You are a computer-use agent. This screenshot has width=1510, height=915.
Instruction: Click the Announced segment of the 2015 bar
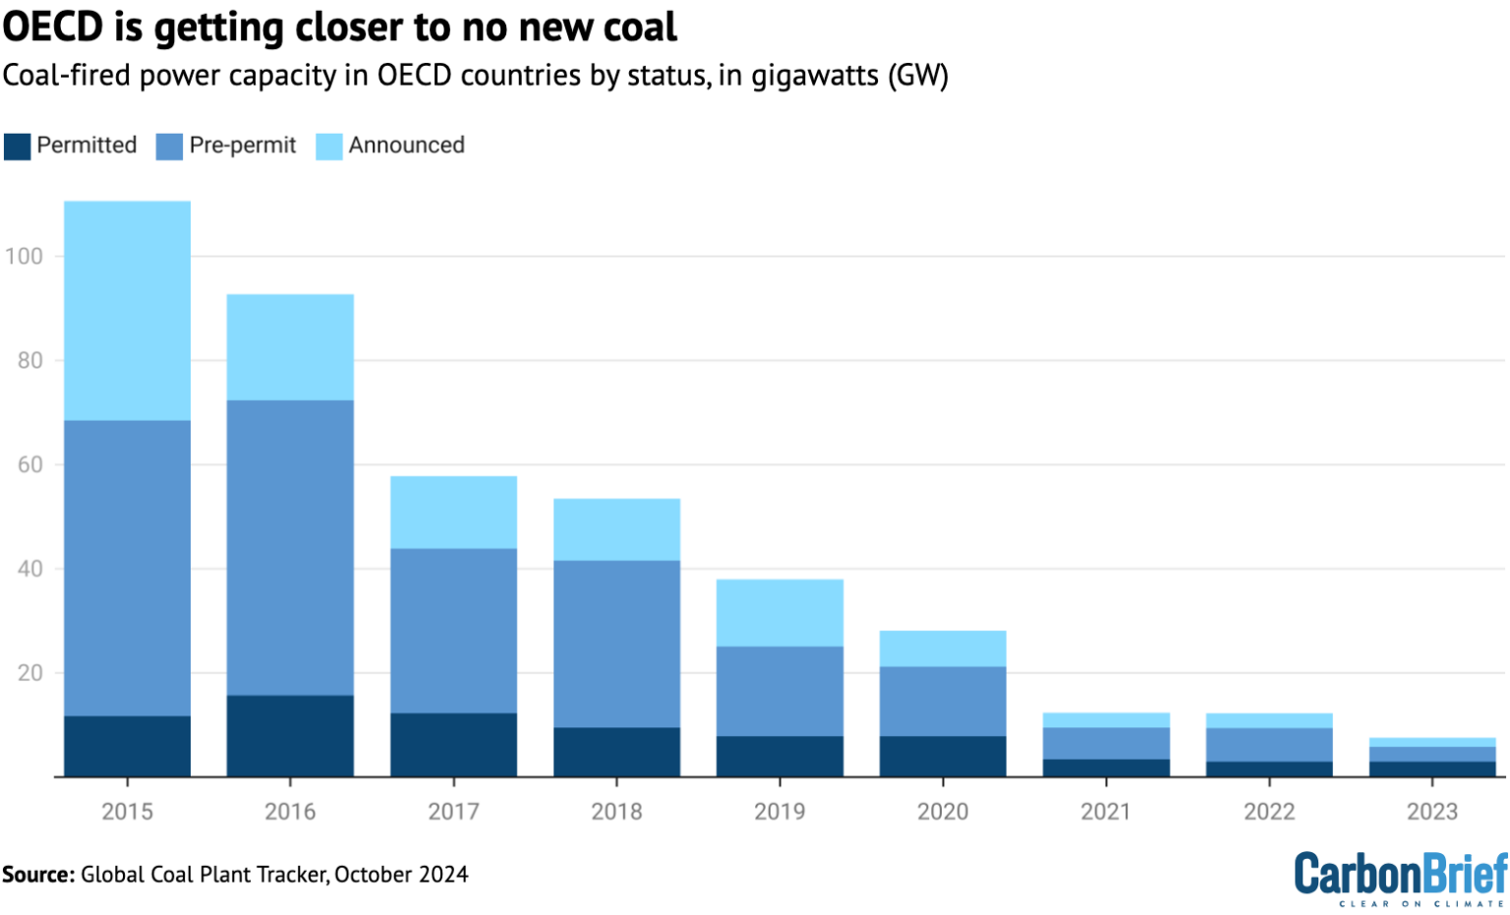(x=127, y=311)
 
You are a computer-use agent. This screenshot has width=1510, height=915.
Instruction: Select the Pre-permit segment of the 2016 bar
(x=290, y=547)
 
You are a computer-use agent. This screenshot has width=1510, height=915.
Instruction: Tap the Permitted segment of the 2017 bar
(x=453, y=745)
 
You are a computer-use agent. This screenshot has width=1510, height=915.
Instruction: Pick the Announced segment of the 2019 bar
(x=780, y=612)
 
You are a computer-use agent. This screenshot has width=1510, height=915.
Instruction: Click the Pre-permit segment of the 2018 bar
(x=616, y=644)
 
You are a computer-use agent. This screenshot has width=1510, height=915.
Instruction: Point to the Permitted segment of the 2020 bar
(x=943, y=757)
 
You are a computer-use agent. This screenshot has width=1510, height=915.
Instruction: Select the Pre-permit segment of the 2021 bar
(x=1106, y=743)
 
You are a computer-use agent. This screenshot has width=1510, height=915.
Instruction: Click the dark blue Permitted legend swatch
(x=17, y=146)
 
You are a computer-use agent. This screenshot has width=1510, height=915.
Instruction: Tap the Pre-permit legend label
(x=242, y=145)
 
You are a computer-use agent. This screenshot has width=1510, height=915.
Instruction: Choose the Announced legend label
(x=406, y=145)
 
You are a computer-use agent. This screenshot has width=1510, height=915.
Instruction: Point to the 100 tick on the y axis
(x=24, y=257)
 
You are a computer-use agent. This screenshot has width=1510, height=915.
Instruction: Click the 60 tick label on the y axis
(x=29, y=465)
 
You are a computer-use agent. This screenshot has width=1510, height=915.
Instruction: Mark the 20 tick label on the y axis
(x=29, y=673)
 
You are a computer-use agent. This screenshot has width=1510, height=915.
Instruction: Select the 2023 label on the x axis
(x=1431, y=812)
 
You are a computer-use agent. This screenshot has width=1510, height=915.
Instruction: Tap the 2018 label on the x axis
(x=616, y=812)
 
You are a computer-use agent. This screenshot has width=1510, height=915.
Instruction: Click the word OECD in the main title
(x=53, y=28)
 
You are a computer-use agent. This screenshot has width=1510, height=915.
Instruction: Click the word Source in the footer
(x=37, y=875)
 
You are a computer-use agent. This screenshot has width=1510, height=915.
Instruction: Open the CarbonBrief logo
(x=1400, y=876)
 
